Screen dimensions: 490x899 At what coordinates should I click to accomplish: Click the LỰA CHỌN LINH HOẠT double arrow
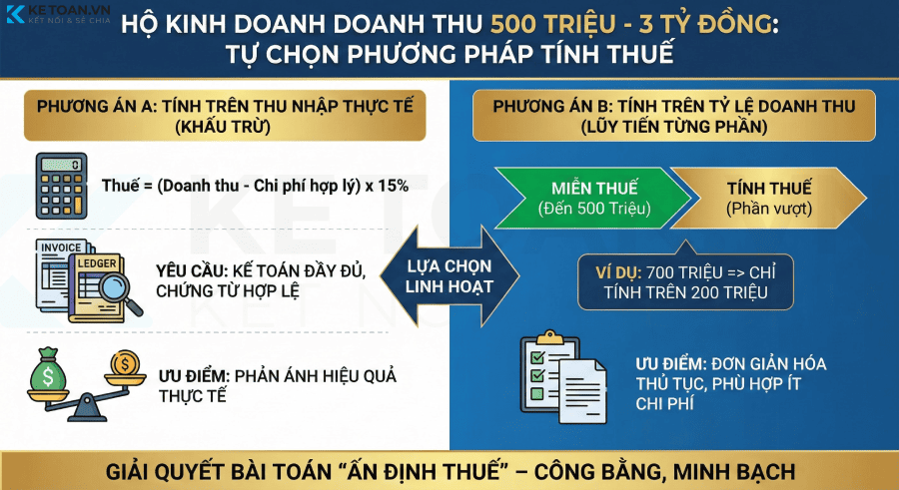click(x=450, y=272)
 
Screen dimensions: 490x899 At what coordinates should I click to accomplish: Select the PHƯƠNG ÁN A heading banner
click(x=225, y=116)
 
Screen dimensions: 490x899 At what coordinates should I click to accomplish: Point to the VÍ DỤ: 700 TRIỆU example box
click(x=684, y=279)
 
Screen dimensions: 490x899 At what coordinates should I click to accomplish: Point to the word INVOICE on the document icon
click(x=62, y=247)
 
